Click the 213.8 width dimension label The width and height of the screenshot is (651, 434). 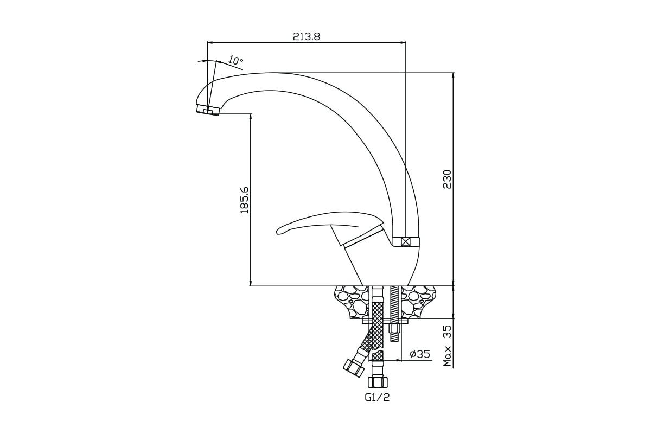(x=307, y=37)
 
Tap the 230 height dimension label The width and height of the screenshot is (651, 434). (x=446, y=180)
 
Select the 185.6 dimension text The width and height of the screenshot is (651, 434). (x=245, y=200)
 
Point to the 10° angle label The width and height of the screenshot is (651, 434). (x=235, y=60)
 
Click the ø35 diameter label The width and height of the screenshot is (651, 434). (x=420, y=354)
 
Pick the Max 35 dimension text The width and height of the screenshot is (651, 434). (x=448, y=346)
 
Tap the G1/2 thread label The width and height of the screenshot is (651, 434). (x=377, y=397)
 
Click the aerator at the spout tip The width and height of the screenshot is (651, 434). (x=208, y=110)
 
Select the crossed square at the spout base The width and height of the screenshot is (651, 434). (x=405, y=242)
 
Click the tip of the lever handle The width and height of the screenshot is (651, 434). (x=278, y=232)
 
